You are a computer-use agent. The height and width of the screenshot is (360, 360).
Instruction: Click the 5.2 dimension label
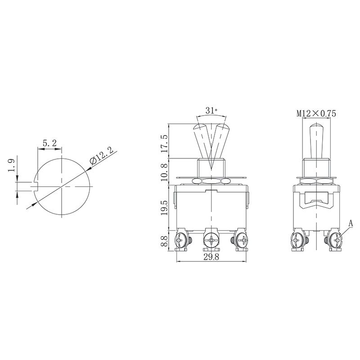(x=49, y=143)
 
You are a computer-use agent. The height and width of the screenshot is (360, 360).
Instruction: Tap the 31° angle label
(x=211, y=111)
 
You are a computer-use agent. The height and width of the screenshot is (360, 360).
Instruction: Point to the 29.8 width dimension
(x=212, y=257)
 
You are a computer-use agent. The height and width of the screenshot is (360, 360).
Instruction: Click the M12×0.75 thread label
(x=316, y=114)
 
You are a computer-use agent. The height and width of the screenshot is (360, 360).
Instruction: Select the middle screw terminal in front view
(x=211, y=240)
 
